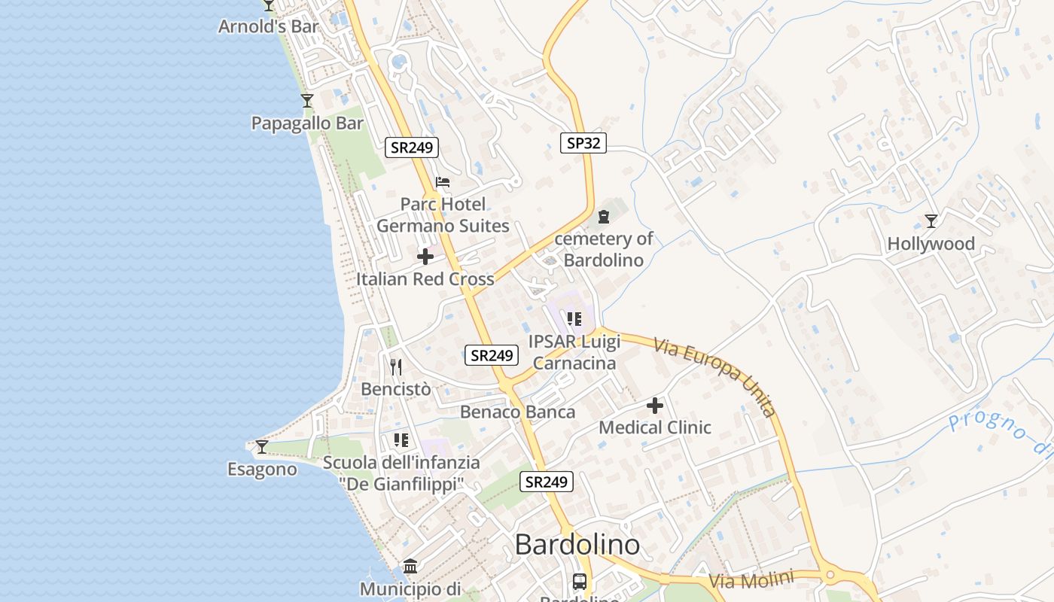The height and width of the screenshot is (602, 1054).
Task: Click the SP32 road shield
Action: click(583, 143)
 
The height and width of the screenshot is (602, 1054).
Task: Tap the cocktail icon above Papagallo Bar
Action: click(306, 100)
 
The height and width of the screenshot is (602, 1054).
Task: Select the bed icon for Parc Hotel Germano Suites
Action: click(443, 182)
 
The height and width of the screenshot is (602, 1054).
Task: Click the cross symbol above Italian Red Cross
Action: click(425, 257)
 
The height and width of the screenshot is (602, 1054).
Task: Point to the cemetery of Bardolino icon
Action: click(603, 217)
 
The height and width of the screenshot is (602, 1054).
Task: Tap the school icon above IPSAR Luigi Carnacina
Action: click(574, 319)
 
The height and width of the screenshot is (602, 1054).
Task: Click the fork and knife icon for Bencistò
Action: click(396, 366)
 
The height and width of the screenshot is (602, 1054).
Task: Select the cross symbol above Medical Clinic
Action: click(655, 406)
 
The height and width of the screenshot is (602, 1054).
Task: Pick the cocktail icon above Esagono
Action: click(261, 446)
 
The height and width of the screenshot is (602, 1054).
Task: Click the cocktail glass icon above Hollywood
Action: click(931, 220)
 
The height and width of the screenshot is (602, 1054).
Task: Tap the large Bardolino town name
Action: click(577, 545)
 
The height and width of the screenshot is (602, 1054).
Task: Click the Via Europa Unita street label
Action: click(714, 375)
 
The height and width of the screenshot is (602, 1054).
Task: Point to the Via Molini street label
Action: click(751, 581)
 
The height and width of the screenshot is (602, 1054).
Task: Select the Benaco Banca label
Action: click(517, 412)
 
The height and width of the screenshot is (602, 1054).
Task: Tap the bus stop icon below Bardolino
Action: click(579, 581)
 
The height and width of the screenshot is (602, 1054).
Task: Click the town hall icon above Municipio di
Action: click(410, 566)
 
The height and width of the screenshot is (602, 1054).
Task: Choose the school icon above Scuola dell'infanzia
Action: click(401, 439)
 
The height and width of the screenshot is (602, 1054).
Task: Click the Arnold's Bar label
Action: click(268, 26)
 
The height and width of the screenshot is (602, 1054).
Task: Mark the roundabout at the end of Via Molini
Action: click(830, 575)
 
